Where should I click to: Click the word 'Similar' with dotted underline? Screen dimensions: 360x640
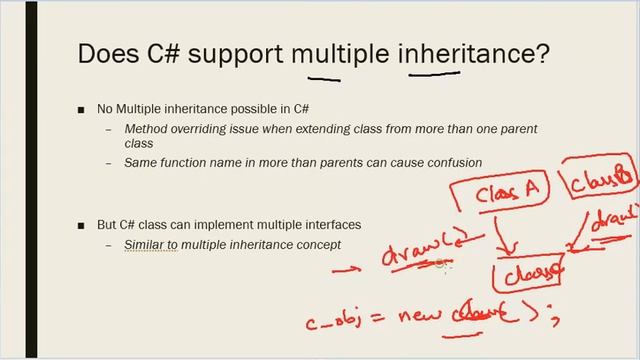[149, 244]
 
